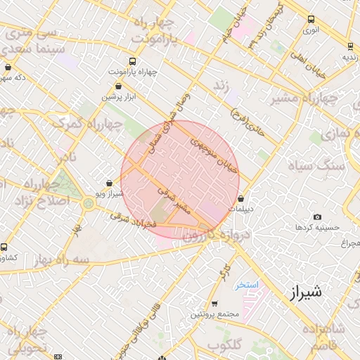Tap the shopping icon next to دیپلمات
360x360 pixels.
pyautogui.click(x=241, y=198)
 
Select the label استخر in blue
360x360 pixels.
pyautogui.click(x=247, y=285)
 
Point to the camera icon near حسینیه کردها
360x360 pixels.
pyautogui.click(x=318, y=217)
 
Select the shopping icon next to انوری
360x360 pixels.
pyautogui.click(x=309, y=20)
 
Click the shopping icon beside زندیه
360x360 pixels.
pyautogui.click(x=348, y=46)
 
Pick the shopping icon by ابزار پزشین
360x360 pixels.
pyautogui.click(x=117, y=86)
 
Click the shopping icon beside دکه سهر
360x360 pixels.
pyautogui.click(x=8, y=67)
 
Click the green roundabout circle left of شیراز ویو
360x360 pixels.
pyautogui.click(x=89, y=203)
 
